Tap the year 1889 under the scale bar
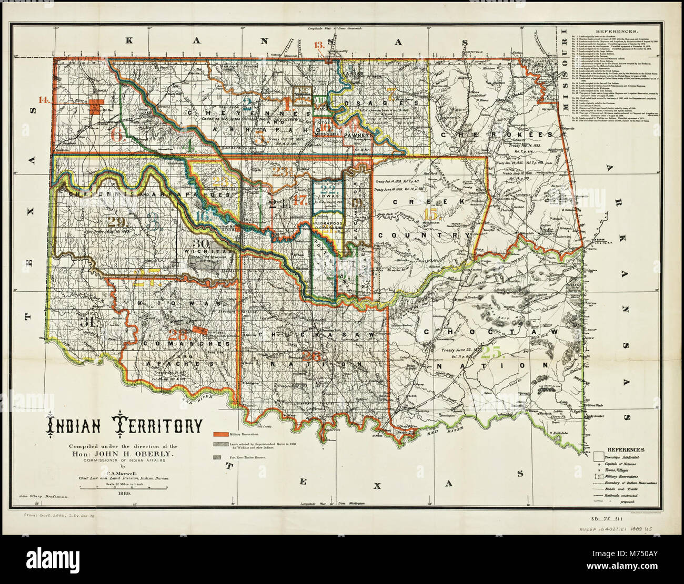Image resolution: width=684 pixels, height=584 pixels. pyautogui.click(x=125, y=494)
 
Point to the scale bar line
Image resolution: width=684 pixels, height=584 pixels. pyautogui.click(x=124, y=487)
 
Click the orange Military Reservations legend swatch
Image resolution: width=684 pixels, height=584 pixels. pyautogui.click(x=220, y=434)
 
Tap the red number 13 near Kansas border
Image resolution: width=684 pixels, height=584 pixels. pyautogui.click(x=318, y=45)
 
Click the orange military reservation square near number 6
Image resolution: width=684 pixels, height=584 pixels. pyautogui.click(x=96, y=105)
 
